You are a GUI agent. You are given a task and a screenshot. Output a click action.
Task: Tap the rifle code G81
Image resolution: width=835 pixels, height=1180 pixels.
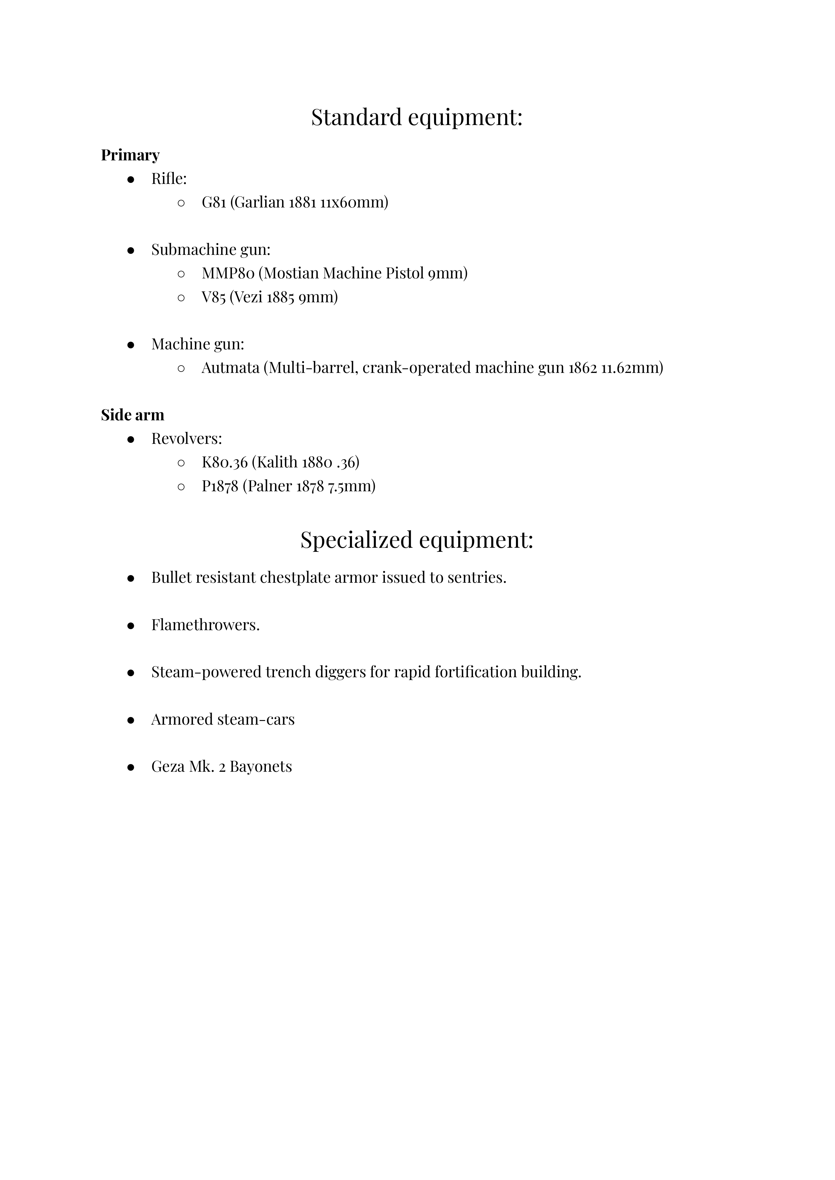[x=214, y=202]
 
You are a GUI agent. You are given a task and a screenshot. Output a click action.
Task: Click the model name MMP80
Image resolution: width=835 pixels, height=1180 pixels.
[x=228, y=273]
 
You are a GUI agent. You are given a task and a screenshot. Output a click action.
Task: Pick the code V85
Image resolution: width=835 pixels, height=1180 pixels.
[x=213, y=297]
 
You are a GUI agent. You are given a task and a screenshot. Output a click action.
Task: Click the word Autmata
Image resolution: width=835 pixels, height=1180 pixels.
[x=230, y=368]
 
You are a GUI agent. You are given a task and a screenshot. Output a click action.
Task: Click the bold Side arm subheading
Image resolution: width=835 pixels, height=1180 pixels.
[x=133, y=415]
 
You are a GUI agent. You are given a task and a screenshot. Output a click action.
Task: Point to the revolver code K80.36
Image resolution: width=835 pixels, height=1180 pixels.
[x=224, y=462]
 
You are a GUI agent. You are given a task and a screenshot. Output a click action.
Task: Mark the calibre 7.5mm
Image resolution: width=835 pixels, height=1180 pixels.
[x=351, y=486]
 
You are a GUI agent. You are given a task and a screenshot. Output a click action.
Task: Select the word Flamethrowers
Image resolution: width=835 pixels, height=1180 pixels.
[x=205, y=625]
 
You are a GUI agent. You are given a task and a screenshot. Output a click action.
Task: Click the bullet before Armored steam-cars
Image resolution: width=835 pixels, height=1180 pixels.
[x=131, y=720]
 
